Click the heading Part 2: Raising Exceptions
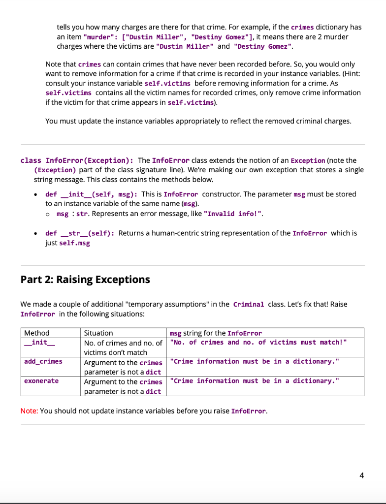coord(85,280)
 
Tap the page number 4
coord(362,475)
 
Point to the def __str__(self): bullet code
coord(80,233)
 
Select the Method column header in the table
coord(37,333)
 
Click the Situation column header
coord(98,333)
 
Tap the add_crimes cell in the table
coord(43,362)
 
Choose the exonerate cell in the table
coord(41,381)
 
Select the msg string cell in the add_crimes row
coord(254,362)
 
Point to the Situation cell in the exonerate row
coord(123,386)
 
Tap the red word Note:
coord(29,411)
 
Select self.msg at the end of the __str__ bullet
coord(74,243)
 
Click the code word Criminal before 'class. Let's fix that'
coord(249,304)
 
